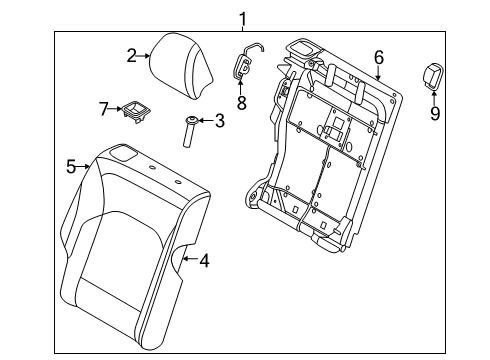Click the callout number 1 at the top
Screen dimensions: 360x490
coord(241,16)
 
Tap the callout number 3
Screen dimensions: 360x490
coord(219,121)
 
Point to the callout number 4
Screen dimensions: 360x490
coord(203,262)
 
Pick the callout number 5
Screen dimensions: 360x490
coord(71,166)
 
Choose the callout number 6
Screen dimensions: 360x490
coord(378,57)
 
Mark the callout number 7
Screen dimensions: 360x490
coord(103,106)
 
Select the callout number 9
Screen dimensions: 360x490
coord(434,113)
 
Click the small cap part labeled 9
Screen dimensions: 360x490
coord(433,74)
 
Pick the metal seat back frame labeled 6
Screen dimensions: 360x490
coord(330,150)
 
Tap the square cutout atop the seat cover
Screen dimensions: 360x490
coord(126,153)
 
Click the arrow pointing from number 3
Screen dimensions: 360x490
coord(205,121)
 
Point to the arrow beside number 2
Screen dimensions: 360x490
coord(145,56)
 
